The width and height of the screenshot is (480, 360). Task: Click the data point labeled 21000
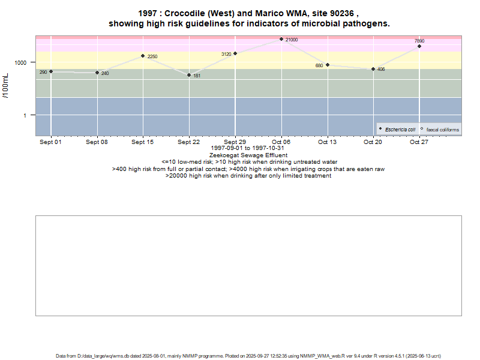point(281,39)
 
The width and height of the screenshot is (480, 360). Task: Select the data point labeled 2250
point(143,56)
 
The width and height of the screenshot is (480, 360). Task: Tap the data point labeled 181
point(189,75)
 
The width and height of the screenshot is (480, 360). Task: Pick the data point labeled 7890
point(419,46)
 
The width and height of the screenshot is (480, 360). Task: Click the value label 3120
point(226,54)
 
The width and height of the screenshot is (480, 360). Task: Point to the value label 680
point(319,65)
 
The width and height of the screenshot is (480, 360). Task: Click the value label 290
point(43,72)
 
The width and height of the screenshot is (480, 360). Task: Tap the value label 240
point(105,73)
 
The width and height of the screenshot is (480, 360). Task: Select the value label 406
point(381,70)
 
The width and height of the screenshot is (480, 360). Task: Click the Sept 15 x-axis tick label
point(143,142)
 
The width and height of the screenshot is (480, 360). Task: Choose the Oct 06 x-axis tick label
point(281,142)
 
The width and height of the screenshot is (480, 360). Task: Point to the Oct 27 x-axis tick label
point(419,142)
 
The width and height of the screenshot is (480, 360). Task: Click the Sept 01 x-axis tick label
point(50,142)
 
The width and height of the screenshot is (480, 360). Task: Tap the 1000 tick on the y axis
point(20,62)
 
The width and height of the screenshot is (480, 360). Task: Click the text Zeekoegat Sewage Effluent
point(248,155)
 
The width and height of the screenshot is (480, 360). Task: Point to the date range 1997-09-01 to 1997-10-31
point(248,148)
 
